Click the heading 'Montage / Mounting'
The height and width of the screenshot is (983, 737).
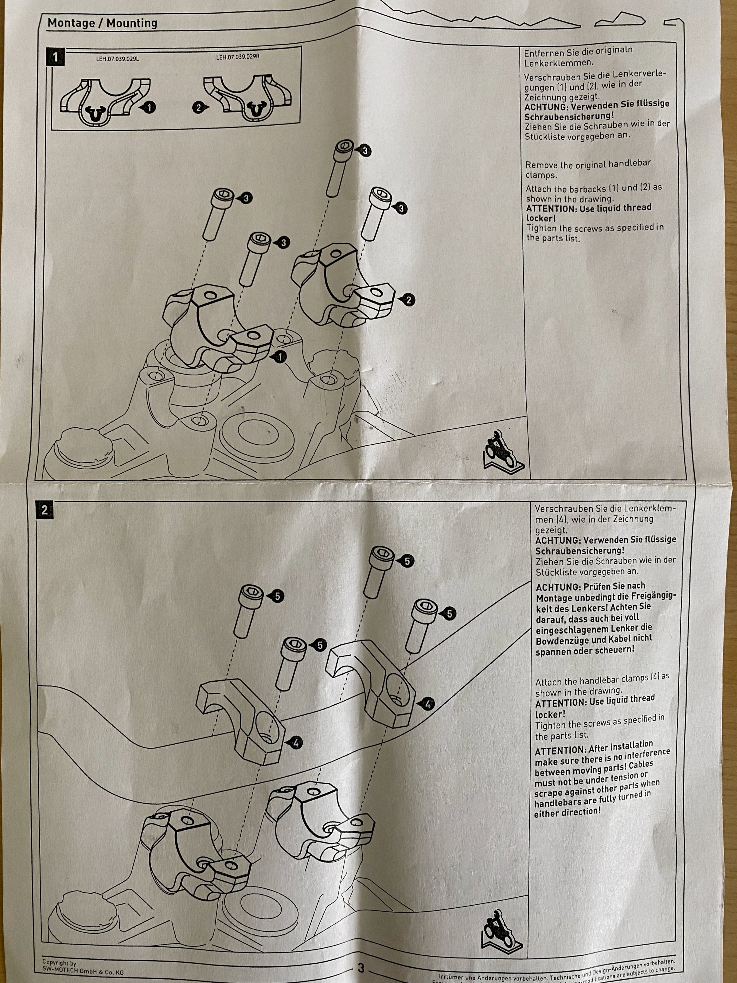click(x=102, y=23)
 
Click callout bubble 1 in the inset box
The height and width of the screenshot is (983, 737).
click(x=150, y=107)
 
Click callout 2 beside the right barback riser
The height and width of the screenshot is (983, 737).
click(x=408, y=300)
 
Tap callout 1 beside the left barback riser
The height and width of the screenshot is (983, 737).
click(x=280, y=356)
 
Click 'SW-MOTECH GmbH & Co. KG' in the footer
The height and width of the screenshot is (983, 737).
click(x=83, y=970)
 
